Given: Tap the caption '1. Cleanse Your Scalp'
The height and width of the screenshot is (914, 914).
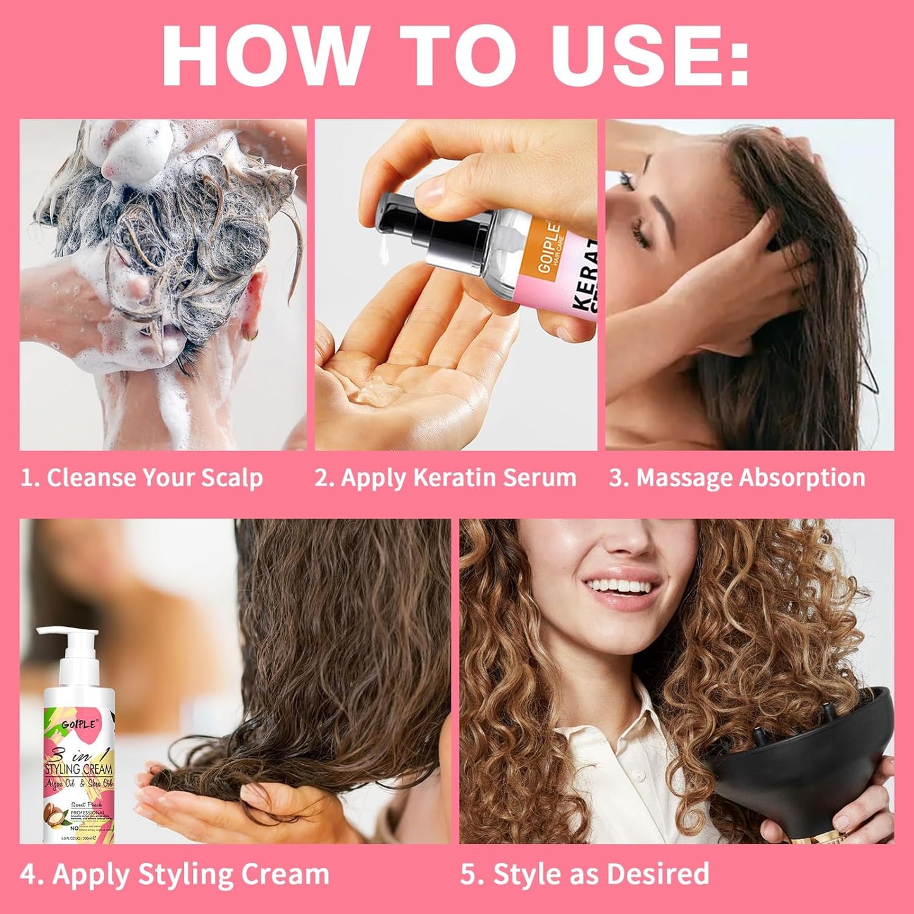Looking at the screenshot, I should [x=142, y=478].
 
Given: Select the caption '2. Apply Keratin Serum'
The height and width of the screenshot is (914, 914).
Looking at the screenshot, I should [x=445, y=478].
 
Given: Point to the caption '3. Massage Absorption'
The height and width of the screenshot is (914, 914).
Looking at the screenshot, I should [x=737, y=478].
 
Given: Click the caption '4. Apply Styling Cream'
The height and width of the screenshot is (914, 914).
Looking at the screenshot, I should [x=175, y=874].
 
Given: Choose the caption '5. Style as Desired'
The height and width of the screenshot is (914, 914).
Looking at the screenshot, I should [x=584, y=874].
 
